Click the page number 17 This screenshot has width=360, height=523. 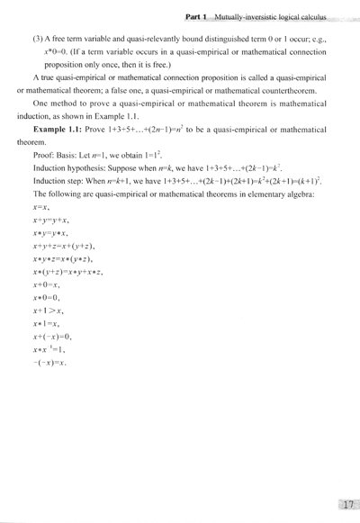point(344,504)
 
